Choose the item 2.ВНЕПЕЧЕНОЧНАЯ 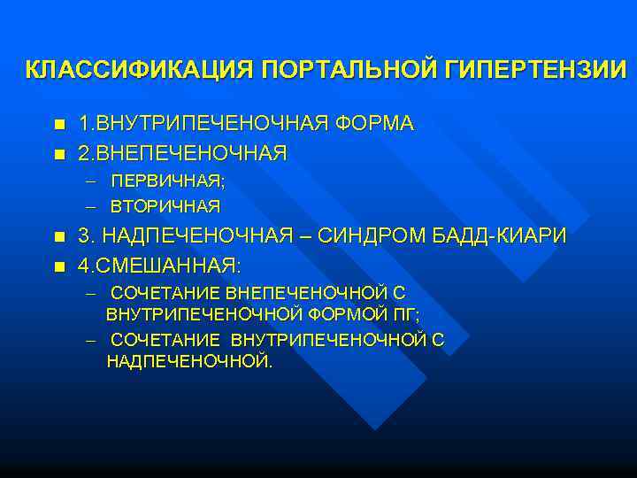[182, 153]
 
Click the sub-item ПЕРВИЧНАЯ [167, 181]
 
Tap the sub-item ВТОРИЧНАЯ [165, 206]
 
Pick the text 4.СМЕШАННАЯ [159, 265]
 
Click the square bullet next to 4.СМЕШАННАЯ [58, 266]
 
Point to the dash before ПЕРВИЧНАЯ [91, 181]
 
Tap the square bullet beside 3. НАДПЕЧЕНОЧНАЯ [58, 237]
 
